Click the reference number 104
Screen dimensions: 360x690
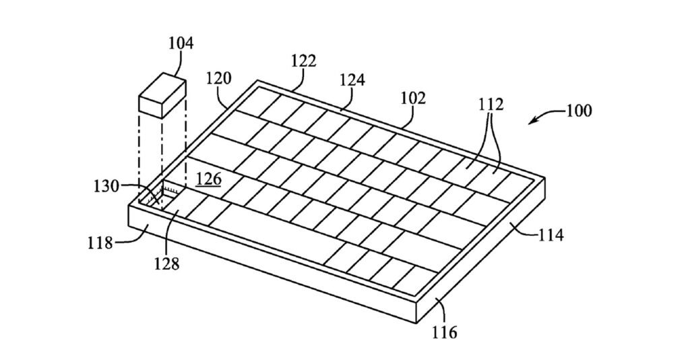(181, 44)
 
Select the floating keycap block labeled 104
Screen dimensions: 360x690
(162, 98)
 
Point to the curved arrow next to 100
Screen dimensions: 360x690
(543, 117)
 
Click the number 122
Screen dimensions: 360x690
(303, 61)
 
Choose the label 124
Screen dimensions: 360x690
(352, 80)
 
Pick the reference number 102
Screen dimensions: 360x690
(413, 98)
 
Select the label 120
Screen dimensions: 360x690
(218, 78)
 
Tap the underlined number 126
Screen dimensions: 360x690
(208, 181)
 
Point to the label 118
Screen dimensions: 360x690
(100, 242)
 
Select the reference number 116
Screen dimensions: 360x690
(445, 332)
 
